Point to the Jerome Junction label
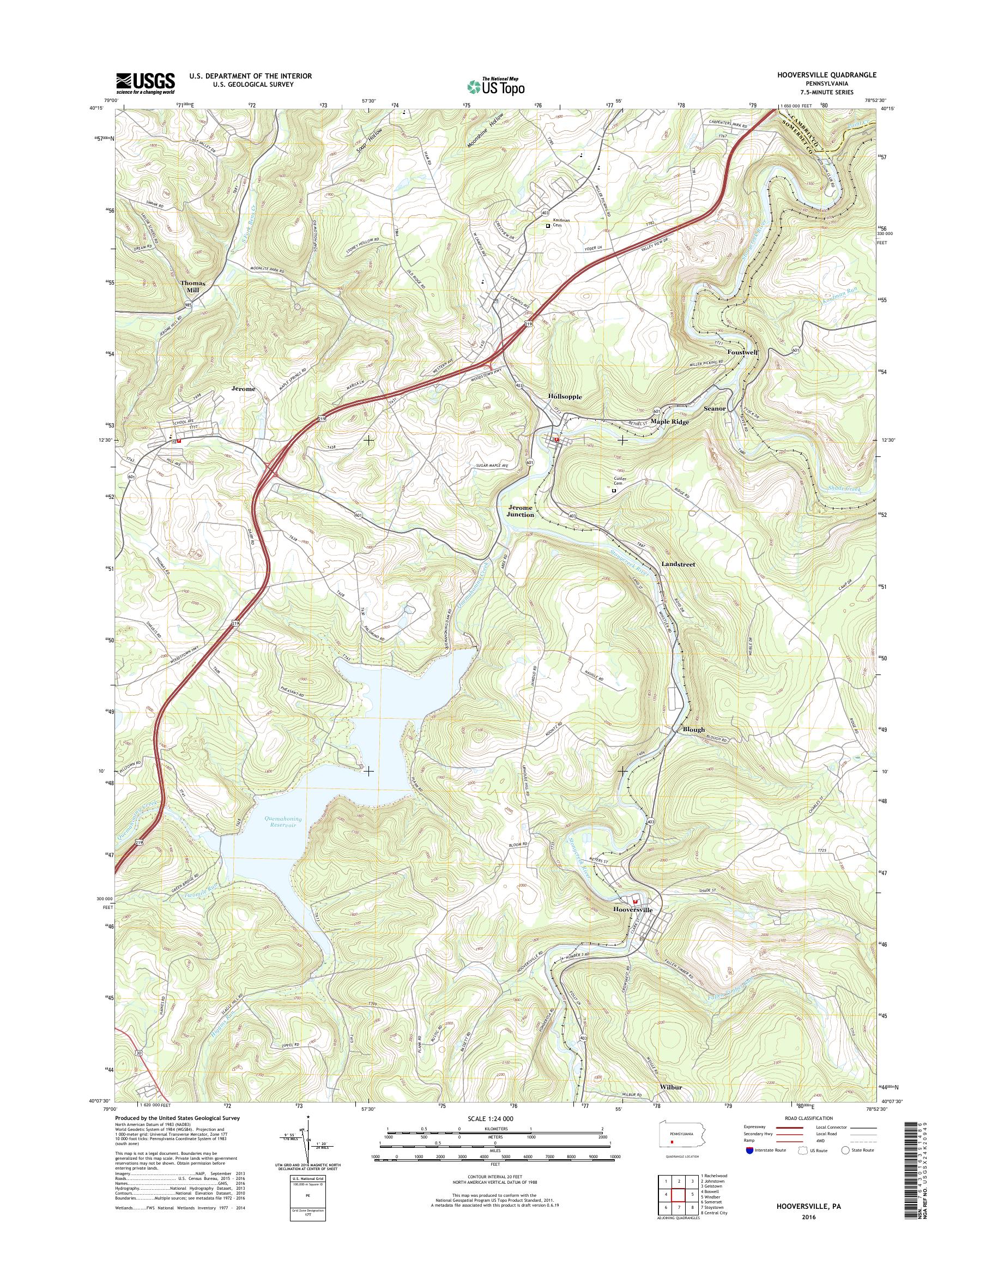point(520,511)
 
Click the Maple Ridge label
point(670,422)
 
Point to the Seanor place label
point(715,408)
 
